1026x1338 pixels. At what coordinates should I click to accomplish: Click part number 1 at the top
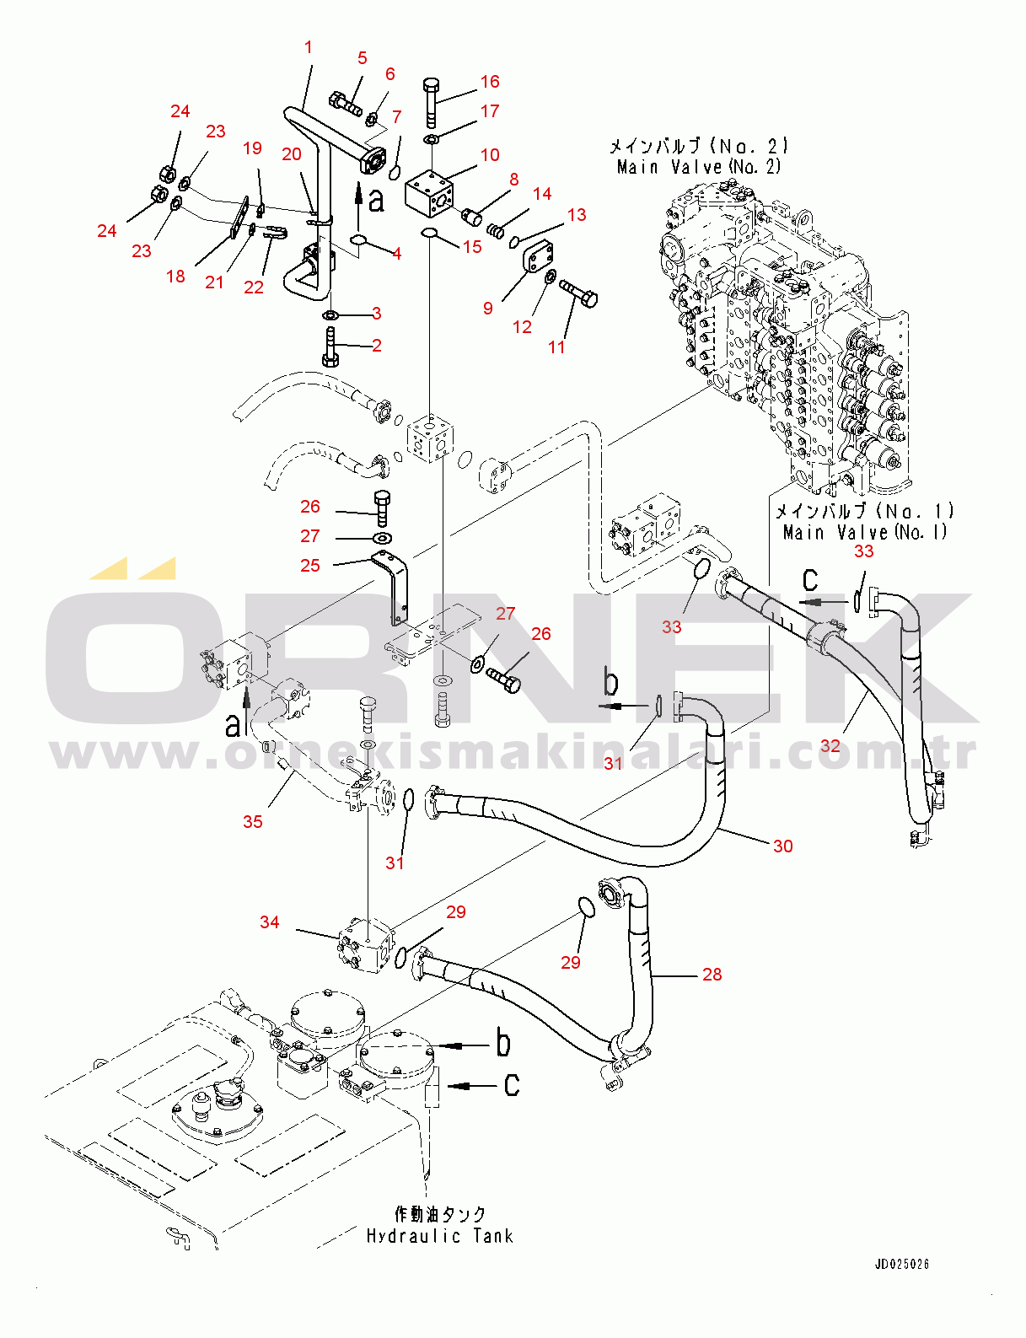point(309,47)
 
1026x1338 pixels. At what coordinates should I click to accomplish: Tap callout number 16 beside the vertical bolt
point(490,81)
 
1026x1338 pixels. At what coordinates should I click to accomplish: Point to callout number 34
point(270,922)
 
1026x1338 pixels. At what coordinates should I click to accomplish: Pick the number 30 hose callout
point(783,846)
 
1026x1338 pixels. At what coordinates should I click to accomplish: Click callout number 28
point(712,974)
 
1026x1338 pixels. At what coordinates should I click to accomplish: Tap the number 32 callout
point(830,746)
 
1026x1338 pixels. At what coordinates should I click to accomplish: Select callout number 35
point(252,821)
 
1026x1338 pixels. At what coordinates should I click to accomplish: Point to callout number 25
point(310,565)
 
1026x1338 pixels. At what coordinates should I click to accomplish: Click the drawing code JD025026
point(902,1264)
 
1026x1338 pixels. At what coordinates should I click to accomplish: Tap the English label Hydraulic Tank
point(439,1236)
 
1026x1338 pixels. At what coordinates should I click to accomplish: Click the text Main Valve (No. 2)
point(699,166)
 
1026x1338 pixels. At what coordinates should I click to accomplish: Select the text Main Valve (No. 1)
point(865,531)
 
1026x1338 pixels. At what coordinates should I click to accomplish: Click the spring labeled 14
point(496,231)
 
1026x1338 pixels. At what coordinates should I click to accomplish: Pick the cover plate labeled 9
point(539,259)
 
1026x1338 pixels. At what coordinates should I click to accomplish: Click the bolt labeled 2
point(330,347)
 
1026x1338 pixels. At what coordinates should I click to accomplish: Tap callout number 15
point(472,247)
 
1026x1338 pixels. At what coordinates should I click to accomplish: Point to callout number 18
point(175,277)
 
